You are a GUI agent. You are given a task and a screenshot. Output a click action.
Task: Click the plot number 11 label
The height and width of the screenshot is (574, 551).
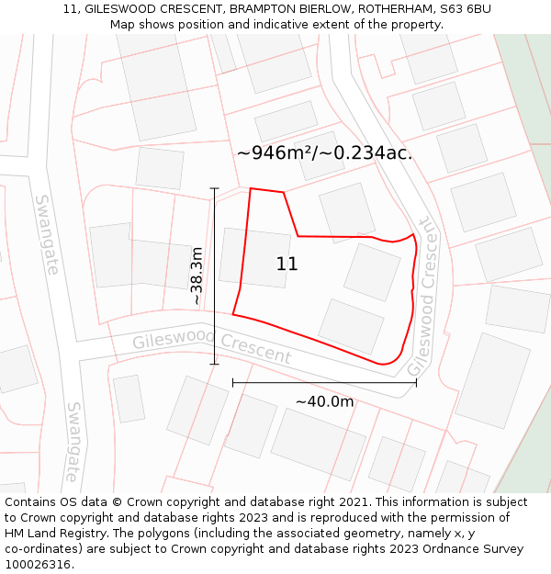(287, 264)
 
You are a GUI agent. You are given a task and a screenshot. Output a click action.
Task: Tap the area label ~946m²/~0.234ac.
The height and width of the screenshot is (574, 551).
(324, 153)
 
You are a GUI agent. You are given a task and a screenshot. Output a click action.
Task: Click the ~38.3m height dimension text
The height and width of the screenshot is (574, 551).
(197, 276)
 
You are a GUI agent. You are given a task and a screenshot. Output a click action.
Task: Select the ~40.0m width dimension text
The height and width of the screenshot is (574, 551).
(324, 401)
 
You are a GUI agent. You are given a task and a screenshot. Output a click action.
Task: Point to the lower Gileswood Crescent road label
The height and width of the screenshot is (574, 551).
(211, 348)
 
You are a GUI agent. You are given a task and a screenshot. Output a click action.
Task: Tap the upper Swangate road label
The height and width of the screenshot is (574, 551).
(47, 234)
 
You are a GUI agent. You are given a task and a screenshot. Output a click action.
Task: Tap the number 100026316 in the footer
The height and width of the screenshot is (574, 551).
(38, 564)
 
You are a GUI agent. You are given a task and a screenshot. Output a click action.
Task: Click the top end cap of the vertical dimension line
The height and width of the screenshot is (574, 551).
(215, 188)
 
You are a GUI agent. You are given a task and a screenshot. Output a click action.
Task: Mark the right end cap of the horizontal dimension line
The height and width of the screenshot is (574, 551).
(416, 382)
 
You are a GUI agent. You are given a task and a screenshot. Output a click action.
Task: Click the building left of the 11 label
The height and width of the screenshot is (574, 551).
(253, 257)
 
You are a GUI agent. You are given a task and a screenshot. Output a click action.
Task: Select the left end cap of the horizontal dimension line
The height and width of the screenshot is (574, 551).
(233, 382)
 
